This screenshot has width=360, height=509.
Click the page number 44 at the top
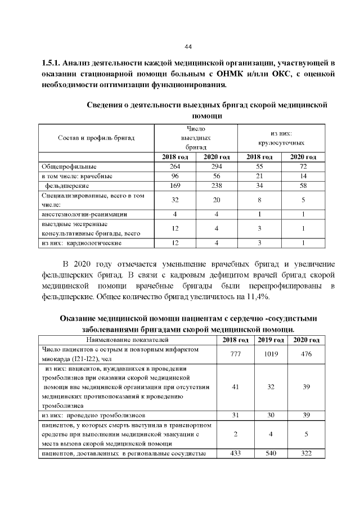coord(188,46)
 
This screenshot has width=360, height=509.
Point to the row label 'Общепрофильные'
coord(69,167)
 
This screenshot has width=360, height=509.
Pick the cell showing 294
coord(216,167)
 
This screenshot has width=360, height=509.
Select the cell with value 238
coord(216,185)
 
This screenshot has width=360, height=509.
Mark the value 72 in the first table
coord(303,167)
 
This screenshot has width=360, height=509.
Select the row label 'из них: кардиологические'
coord(82,244)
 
